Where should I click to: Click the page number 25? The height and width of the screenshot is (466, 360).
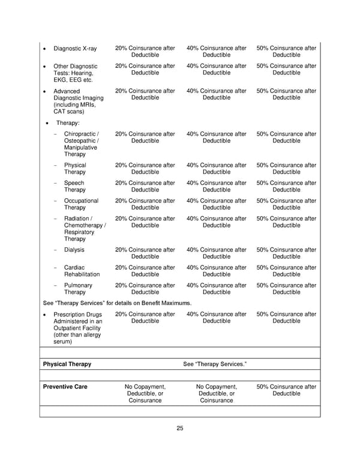pyautogui.click(x=180, y=428)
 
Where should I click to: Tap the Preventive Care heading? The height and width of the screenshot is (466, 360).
pyautogui.click(x=65, y=387)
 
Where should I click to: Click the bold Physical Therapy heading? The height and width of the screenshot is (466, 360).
pyautogui.click(x=67, y=365)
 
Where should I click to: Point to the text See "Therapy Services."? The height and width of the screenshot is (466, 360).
pyautogui.click(x=214, y=365)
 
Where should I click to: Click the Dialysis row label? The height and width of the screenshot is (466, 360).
pyautogui.click(x=74, y=250)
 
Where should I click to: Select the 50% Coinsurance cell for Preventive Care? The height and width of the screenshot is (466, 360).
pyautogui.click(x=286, y=390)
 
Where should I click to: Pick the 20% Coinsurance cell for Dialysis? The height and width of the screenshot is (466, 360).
pyautogui.click(x=145, y=253)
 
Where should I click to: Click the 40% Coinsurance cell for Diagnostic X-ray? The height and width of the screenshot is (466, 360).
pyautogui.click(x=216, y=52)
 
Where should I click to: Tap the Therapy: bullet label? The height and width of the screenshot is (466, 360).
pyautogui.click(x=68, y=123)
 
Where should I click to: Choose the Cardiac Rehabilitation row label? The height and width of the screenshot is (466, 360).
pyautogui.click(x=82, y=271)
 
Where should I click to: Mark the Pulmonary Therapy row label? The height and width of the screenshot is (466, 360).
pyautogui.click(x=78, y=289)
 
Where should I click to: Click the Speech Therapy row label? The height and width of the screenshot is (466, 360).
pyautogui.click(x=74, y=187)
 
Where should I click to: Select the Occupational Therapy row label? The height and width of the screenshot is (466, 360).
pyautogui.click(x=81, y=205)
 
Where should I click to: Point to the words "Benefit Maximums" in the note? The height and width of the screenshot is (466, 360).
pyautogui.click(x=167, y=303)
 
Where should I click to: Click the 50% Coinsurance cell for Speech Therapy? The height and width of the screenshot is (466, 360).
pyautogui.click(x=286, y=187)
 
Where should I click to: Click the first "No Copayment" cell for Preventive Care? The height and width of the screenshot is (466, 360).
pyautogui.click(x=145, y=394)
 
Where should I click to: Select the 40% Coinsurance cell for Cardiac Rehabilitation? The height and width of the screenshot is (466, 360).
pyautogui.click(x=216, y=271)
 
